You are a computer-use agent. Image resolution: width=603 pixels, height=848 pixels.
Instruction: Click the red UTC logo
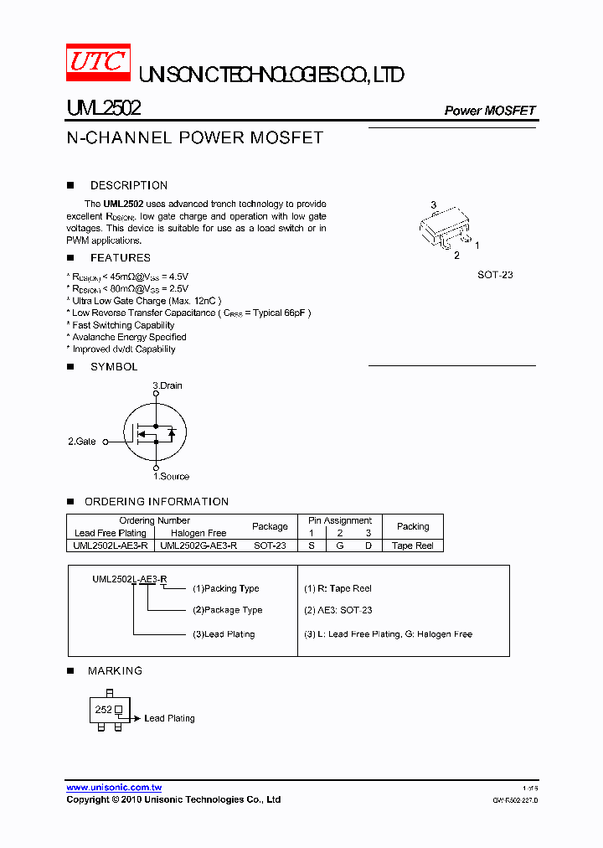99,63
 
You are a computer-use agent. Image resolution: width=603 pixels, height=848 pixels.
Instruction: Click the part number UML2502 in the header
103,109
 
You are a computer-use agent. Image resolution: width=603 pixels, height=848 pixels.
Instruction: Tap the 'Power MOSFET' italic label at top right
489,111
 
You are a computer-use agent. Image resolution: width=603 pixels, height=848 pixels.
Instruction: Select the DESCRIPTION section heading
128,185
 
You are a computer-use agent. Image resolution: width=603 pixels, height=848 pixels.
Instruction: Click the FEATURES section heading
120,257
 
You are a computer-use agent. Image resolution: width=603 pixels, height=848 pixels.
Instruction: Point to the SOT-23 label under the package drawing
495,275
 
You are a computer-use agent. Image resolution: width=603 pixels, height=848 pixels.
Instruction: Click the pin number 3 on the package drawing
433,205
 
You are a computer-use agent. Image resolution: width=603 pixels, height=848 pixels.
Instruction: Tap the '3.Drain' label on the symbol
167,385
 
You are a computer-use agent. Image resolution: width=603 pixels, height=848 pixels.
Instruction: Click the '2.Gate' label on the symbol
82,441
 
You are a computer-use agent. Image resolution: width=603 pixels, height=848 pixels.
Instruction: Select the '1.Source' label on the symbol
171,476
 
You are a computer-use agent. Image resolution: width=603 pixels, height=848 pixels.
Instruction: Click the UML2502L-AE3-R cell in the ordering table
111,546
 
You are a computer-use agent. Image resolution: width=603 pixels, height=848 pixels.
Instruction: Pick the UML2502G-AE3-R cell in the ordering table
198,546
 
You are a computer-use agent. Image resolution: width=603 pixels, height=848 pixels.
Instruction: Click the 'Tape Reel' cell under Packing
413,546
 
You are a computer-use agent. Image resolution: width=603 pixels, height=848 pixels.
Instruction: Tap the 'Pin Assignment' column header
340,520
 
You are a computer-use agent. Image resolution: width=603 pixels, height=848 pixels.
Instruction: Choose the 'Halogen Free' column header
198,533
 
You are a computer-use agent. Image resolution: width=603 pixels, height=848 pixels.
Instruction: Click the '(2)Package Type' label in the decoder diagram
227,610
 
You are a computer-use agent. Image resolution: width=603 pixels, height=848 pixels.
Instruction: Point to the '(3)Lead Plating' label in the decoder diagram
224,634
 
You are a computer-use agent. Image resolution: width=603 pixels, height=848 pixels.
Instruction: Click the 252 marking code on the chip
103,710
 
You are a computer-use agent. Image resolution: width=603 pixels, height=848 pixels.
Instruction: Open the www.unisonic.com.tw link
114,788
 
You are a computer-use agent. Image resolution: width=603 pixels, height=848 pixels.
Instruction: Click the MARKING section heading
115,670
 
